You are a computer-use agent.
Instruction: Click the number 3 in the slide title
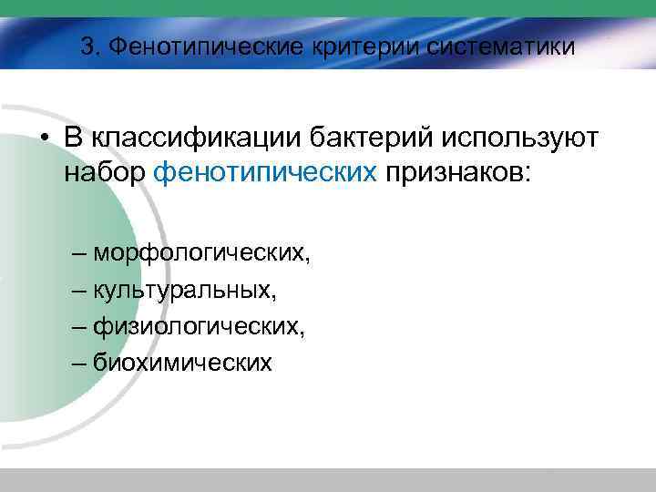point(87,46)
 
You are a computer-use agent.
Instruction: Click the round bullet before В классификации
point(43,139)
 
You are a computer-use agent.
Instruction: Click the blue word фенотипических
point(265,172)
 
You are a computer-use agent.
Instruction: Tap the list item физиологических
point(199,325)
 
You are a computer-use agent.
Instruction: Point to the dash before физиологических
point(77,325)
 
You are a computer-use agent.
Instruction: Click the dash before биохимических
point(77,363)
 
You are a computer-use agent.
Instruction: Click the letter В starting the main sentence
point(74,138)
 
